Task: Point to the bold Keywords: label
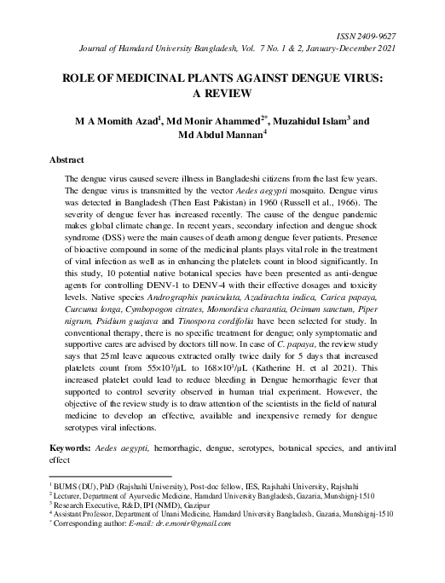[x=72, y=447]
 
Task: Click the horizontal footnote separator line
[x=110, y=476]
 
